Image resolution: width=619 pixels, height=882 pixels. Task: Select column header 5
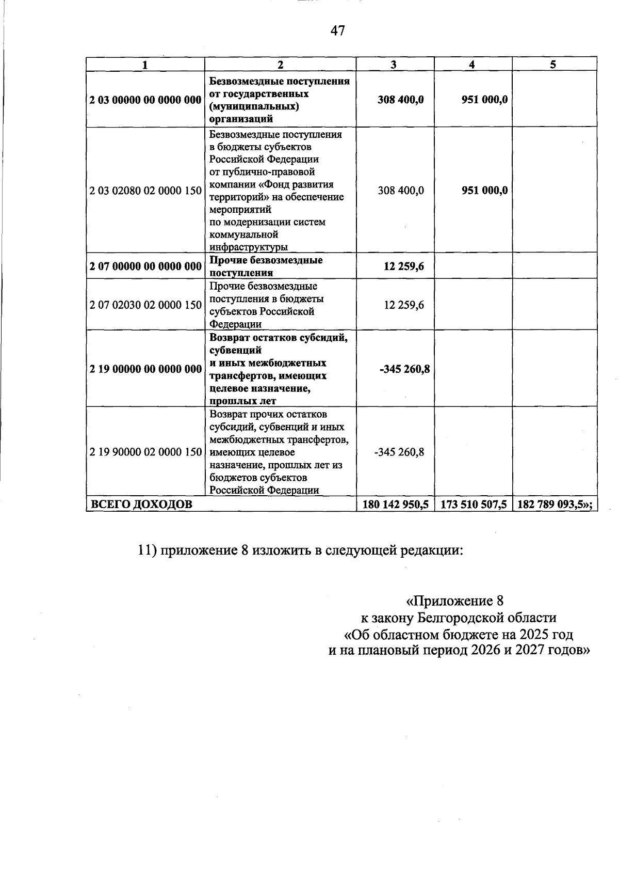(x=553, y=64)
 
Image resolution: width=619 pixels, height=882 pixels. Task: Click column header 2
(x=280, y=64)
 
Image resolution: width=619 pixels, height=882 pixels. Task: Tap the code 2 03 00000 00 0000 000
(x=145, y=100)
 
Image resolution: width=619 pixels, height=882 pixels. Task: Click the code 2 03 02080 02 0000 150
(x=145, y=191)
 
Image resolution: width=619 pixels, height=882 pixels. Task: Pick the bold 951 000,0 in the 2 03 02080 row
(x=484, y=191)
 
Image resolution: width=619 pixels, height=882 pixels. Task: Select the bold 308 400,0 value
(x=400, y=100)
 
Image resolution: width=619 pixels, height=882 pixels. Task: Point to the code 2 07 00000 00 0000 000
(x=145, y=266)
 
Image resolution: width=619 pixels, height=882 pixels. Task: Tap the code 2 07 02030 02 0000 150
(x=145, y=305)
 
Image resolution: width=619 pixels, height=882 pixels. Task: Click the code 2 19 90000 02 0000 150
(x=145, y=452)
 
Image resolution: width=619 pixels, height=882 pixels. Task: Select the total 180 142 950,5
(x=396, y=505)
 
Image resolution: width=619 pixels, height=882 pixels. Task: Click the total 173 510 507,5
(x=474, y=505)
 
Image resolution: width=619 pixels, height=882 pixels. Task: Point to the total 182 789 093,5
(x=552, y=505)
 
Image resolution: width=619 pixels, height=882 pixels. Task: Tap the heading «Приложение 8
(x=454, y=601)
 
